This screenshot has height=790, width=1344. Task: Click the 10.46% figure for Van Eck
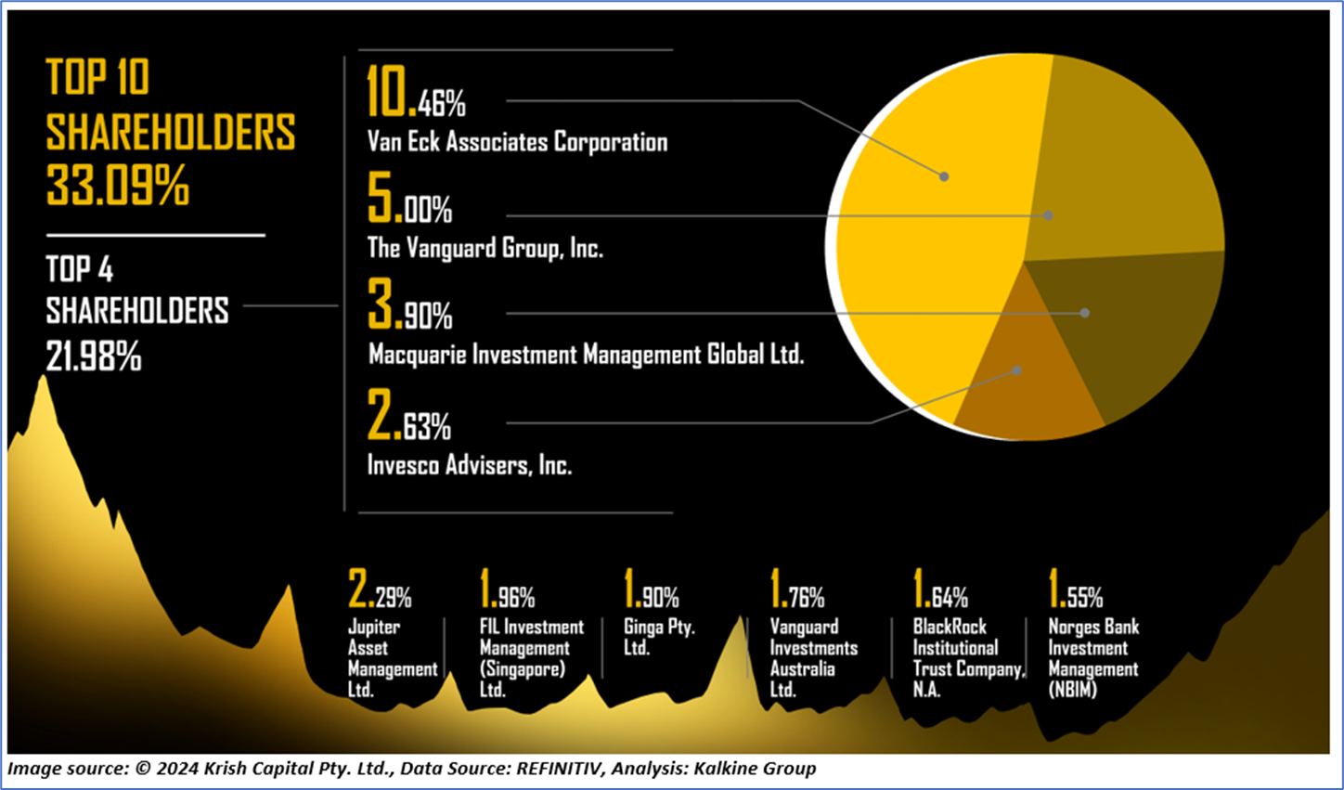pyautogui.click(x=415, y=94)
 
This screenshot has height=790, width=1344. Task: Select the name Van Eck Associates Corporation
pyautogui.click(x=517, y=142)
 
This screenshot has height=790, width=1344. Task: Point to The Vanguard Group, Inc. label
pyautogui.click(x=485, y=248)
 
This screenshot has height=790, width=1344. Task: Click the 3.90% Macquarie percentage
pyautogui.click(x=409, y=307)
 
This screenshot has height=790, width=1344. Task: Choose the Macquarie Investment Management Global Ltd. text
pyautogui.click(x=586, y=355)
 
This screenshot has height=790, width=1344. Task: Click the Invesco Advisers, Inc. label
pyautogui.click(x=469, y=464)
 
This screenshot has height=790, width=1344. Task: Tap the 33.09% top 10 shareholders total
pyautogui.click(x=118, y=185)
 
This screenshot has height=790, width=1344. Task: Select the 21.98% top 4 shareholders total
pyautogui.click(x=94, y=356)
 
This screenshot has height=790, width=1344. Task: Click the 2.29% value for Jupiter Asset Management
pyautogui.click(x=380, y=590)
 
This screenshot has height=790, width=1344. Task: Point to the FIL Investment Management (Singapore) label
pyautogui.click(x=530, y=657)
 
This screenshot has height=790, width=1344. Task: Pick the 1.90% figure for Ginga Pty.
pyautogui.click(x=651, y=590)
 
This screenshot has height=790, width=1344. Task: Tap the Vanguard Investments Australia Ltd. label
pyautogui.click(x=812, y=657)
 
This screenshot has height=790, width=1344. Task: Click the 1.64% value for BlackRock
pyautogui.click(x=940, y=590)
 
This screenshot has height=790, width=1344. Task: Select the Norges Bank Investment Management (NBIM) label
pyautogui.click(x=1092, y=657)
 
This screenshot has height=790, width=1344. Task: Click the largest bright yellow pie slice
pyautogui.click(x=928, y=232)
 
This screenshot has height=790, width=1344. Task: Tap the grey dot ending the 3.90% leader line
pyautogui.click(x=1085, y=313)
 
